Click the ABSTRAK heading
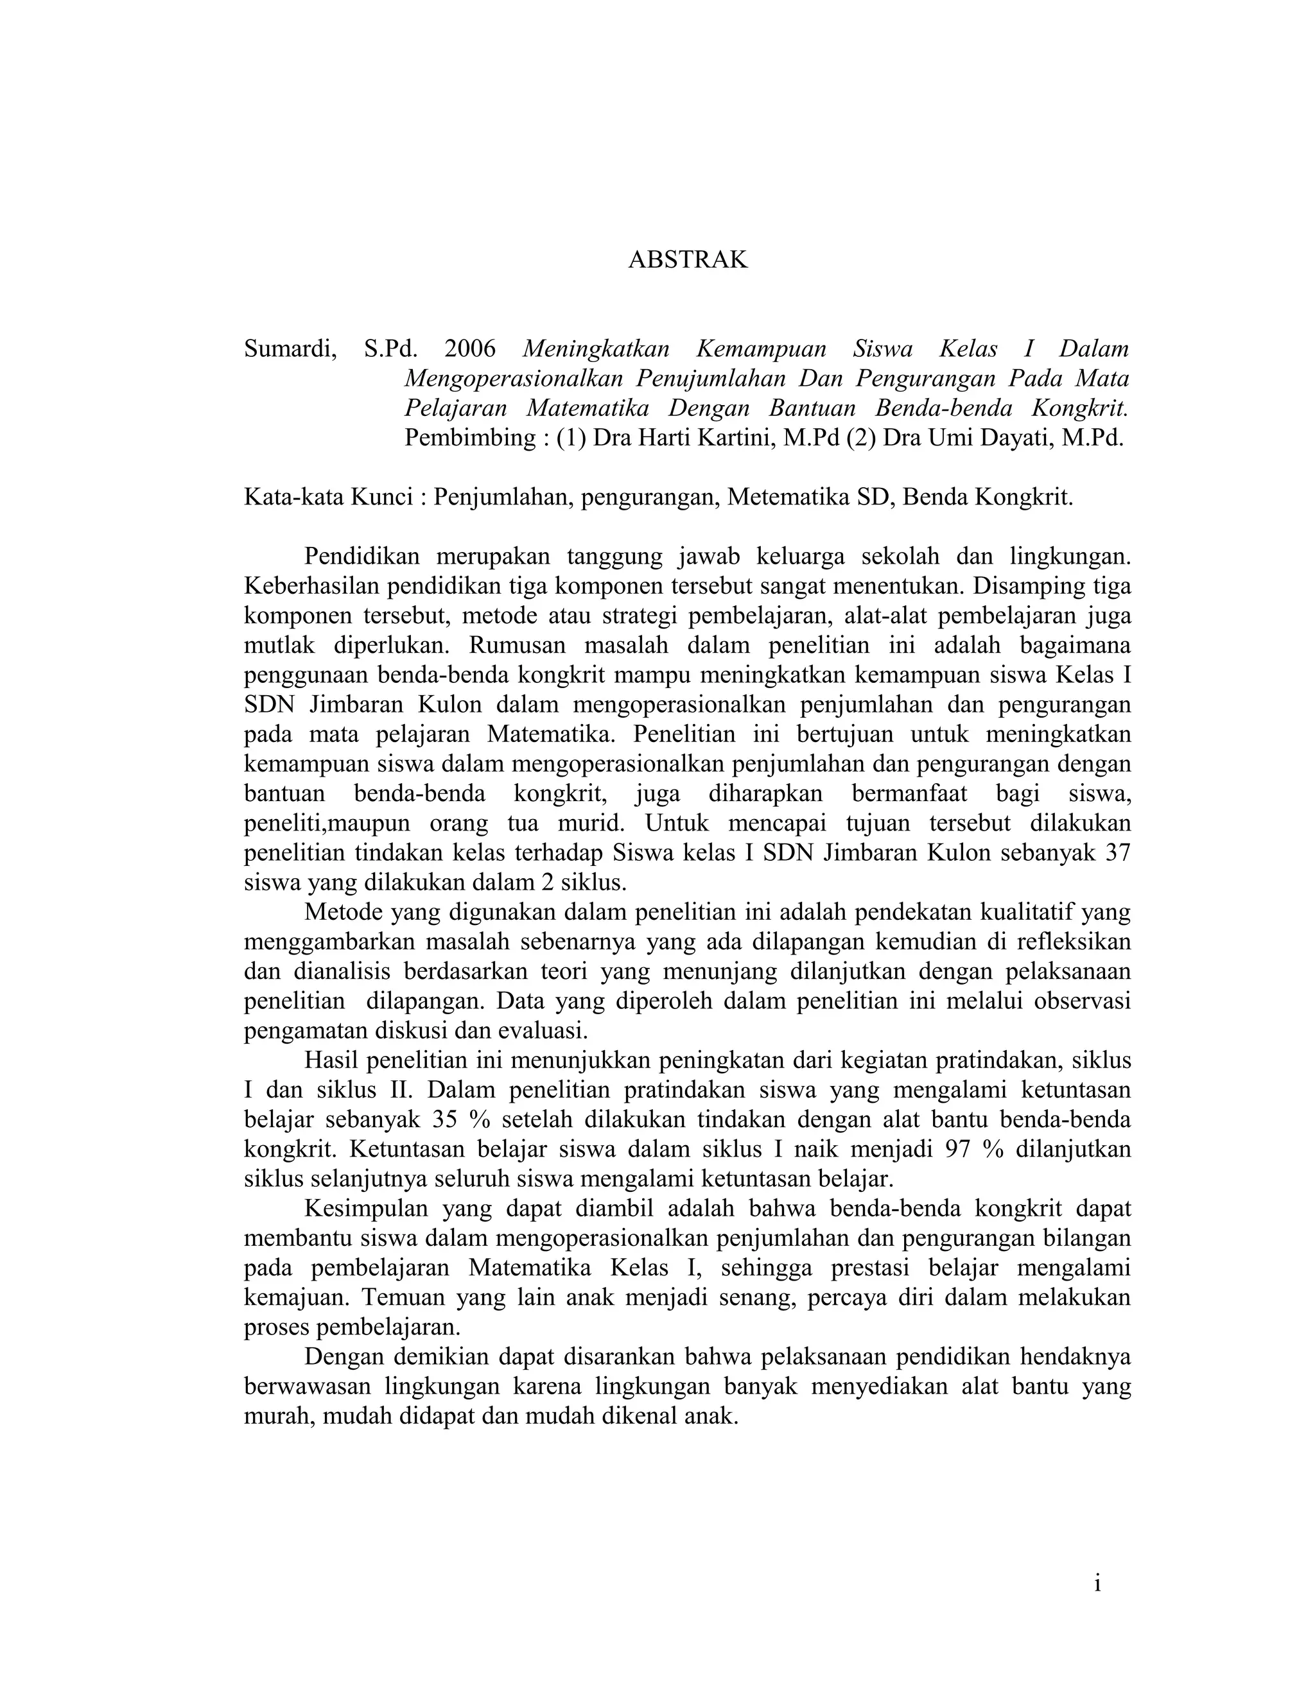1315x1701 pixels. pyautogui.click(x=687, y=259)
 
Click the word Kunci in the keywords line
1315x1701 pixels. pyautogui.click(x=383, y=497)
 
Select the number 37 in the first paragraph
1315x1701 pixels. pyautogui.click(x=1117, y=853)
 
